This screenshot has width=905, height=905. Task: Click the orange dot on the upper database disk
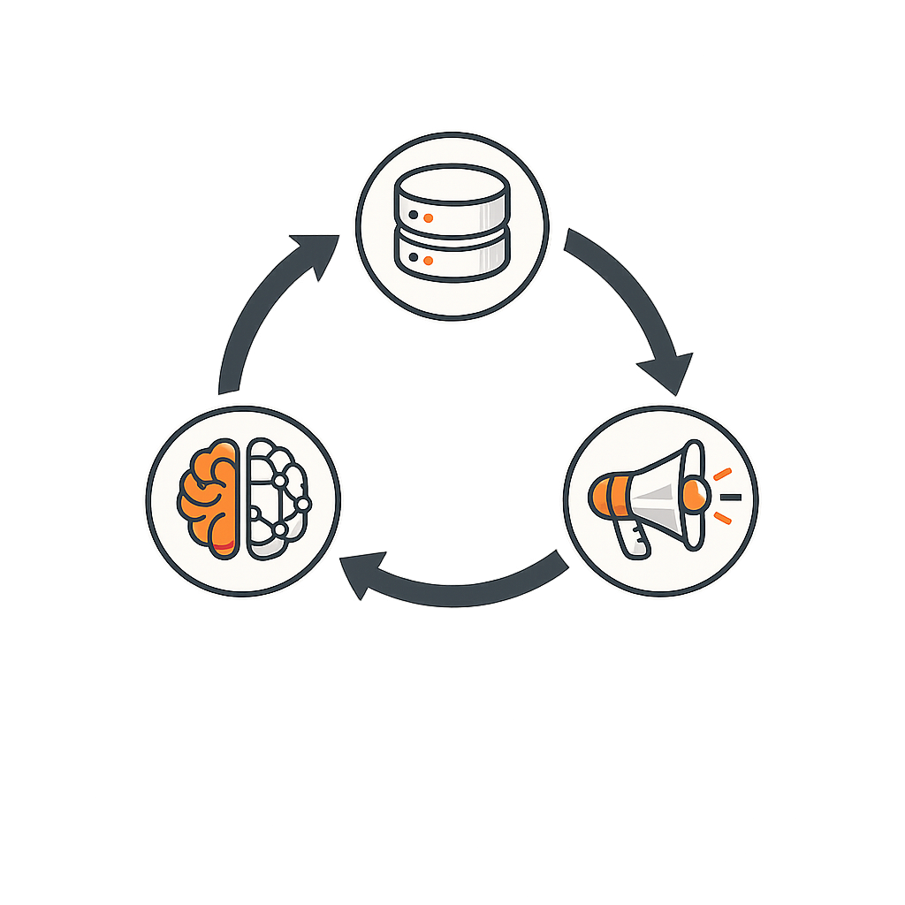pos(428,217)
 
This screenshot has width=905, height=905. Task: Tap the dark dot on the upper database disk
pos(414,215)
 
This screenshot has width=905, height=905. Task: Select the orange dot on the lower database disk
pos(428,260)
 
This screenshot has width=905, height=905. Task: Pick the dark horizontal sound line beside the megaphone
pos(730,498)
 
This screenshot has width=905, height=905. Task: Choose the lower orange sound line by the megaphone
pos(722,519)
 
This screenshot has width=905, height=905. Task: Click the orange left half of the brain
pos(209,499)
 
